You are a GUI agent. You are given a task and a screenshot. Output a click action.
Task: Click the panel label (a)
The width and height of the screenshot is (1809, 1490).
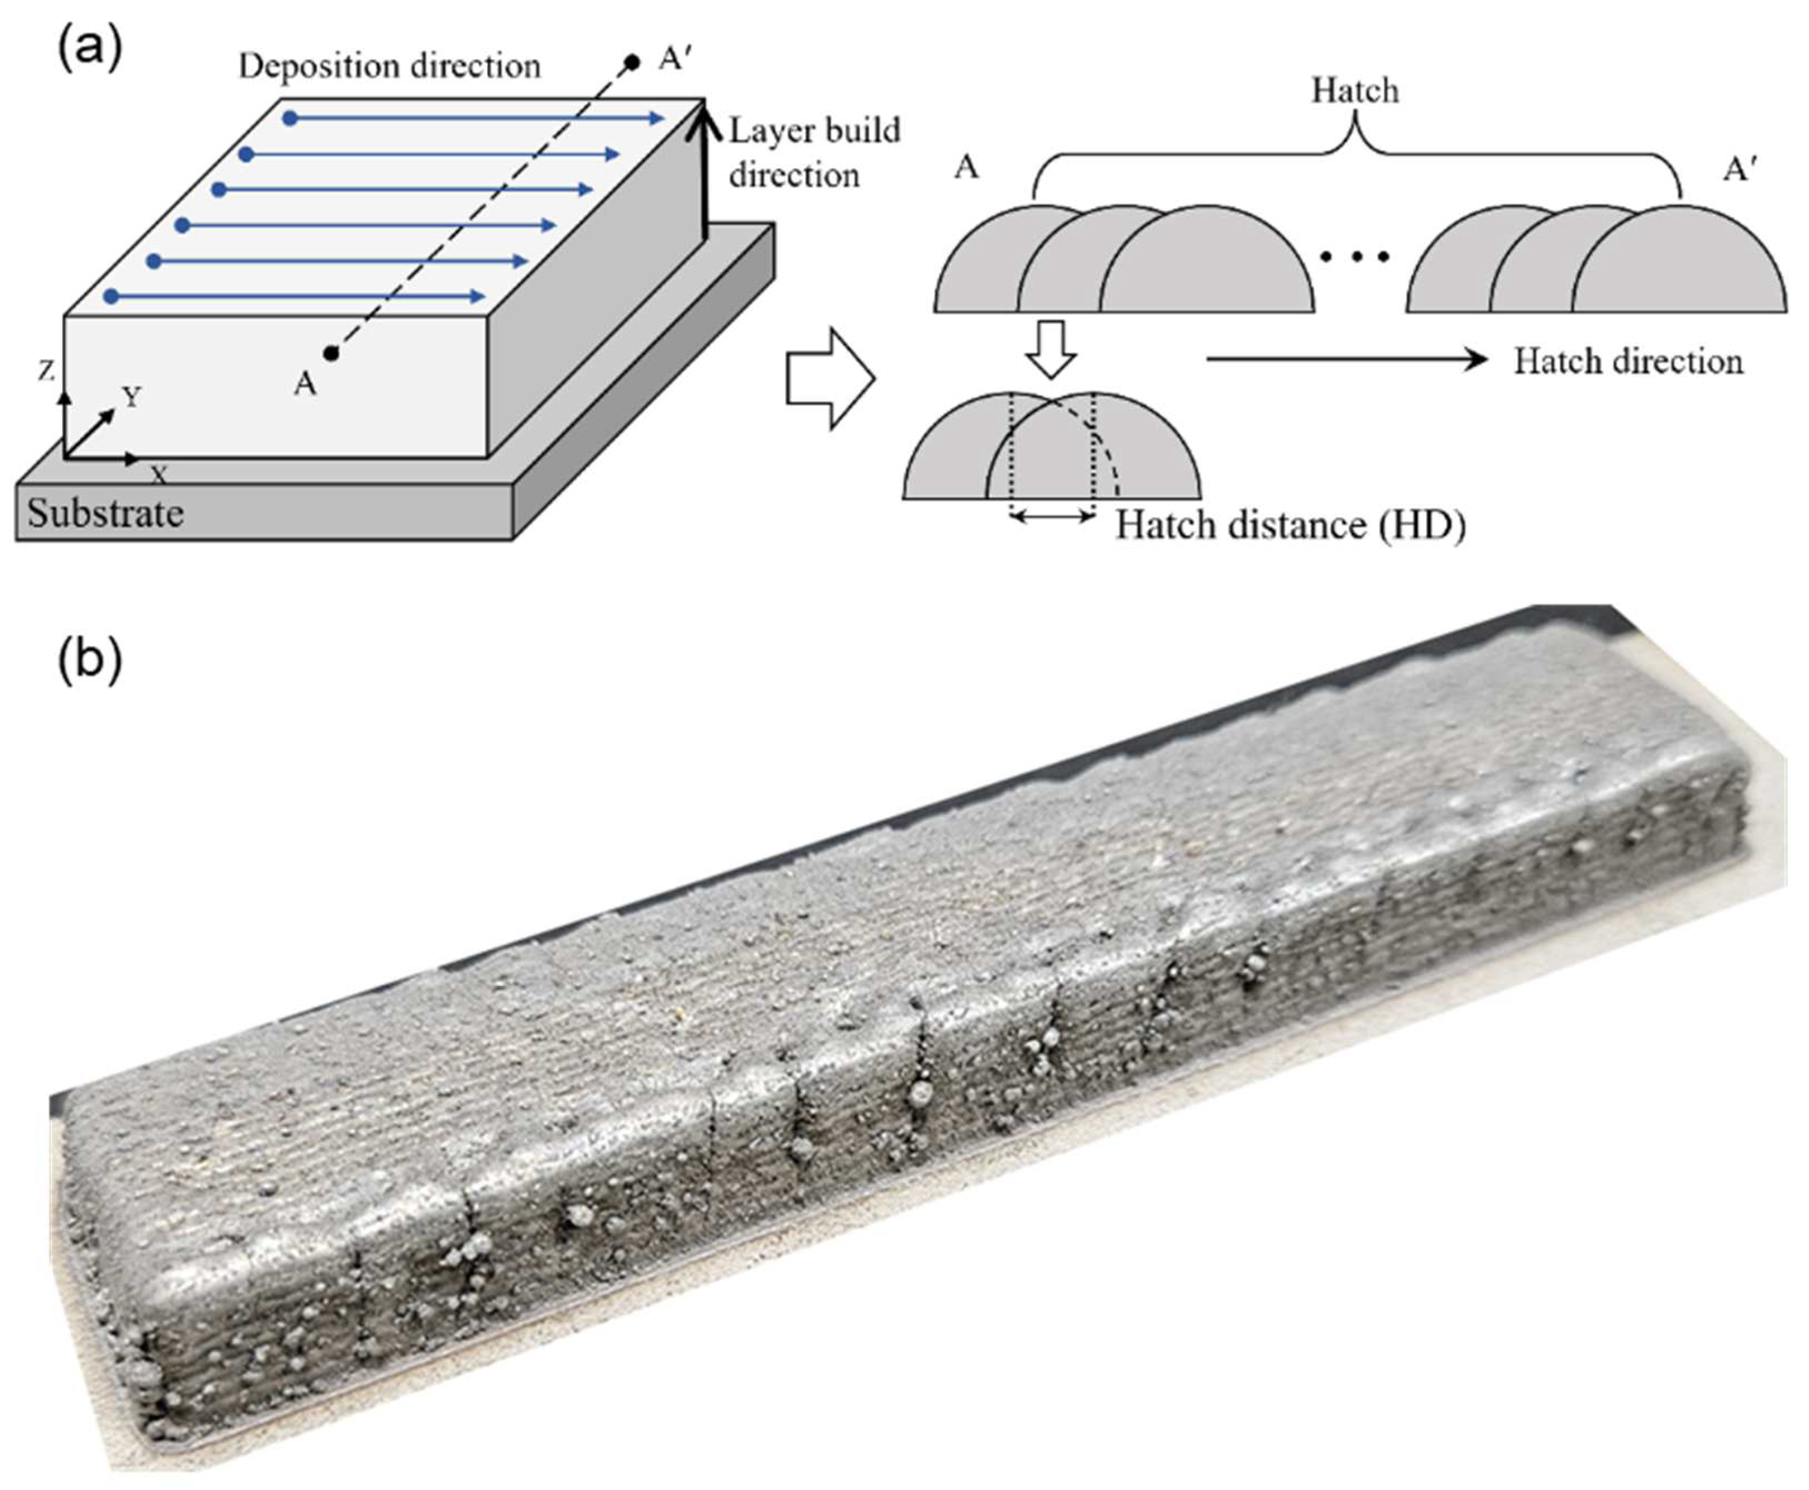tap(89, 50)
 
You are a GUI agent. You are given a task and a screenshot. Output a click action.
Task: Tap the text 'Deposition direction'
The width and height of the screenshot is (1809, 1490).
tap(389, 66)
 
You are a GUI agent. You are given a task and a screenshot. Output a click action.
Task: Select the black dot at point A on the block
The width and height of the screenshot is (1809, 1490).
tap(331, 352)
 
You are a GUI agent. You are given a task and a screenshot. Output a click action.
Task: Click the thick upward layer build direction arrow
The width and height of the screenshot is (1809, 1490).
tap(704, 167)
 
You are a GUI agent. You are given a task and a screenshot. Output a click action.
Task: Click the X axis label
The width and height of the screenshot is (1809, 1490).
tap(158, 475)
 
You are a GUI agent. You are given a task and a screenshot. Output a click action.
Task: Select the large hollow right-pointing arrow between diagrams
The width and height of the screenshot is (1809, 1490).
tap(830, 378)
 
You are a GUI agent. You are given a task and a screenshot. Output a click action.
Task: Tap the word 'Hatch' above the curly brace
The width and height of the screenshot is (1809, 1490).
tap(1354, 90)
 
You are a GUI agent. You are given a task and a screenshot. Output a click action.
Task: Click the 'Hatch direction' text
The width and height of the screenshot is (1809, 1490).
tap(1627, 362)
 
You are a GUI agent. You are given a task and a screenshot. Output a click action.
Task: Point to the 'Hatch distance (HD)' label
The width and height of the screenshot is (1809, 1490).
tap(1290, 525)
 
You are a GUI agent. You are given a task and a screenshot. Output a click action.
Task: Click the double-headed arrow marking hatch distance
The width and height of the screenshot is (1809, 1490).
tap(1052, 516)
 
